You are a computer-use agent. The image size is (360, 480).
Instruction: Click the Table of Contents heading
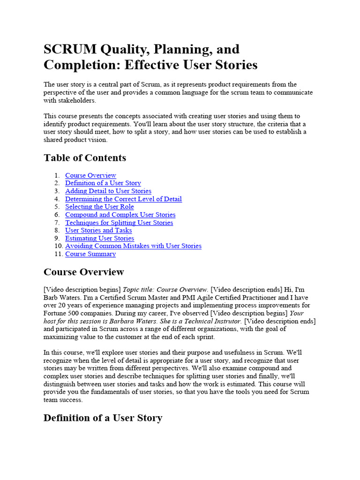pyautogui.click(x=85, y=157)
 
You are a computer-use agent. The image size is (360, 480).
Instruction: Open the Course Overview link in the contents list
pyautogui.click(x=90, y=175)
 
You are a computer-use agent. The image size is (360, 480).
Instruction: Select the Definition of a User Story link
pyautogui.click(x=103, y=183)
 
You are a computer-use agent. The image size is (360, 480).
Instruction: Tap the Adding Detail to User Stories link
pyautogui.click(x=108, y=191)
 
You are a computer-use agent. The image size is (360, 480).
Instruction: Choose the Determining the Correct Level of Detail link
pyautogui.click(x=123, y=199)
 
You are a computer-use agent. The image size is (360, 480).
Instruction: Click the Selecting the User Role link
pyautogui.click(x=99, y=207)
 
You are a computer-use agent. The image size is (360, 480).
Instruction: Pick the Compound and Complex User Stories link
pyautogui.click(x=120, y=215)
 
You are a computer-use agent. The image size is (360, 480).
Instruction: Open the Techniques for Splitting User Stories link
pyautogui.click(x=119, y=223)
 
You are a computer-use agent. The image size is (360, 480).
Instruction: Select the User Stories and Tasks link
pyautogui.click(x=98, y=230)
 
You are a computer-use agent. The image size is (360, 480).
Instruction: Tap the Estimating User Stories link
pyautogui.click(x=99, y=238)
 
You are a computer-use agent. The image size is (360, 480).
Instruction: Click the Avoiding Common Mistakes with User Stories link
pyautogui.click(x=133, y=246)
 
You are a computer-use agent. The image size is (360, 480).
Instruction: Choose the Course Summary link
pyautogui.click(x=90, y=254)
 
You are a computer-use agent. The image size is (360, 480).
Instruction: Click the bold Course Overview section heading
pyautogui.click(x=83, y=272)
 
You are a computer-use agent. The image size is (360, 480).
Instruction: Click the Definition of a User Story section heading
pyautogui.click(x=103, y=418)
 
